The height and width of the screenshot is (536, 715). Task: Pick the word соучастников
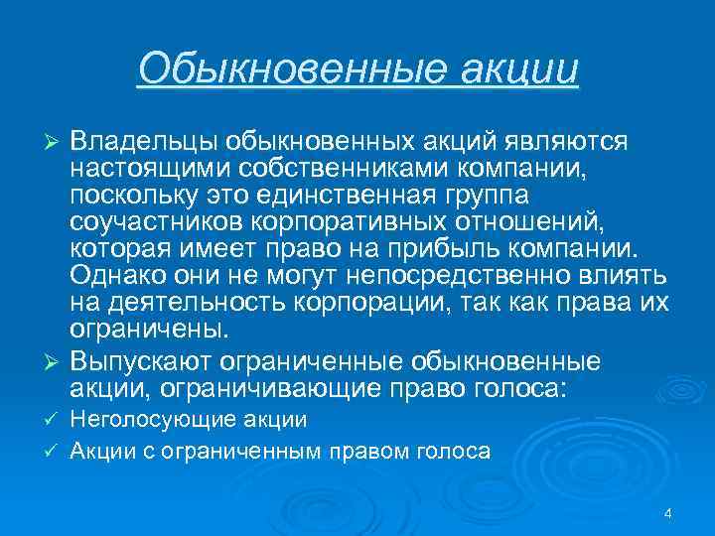click(149, 217)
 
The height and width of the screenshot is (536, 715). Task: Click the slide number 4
click(667, 512)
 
